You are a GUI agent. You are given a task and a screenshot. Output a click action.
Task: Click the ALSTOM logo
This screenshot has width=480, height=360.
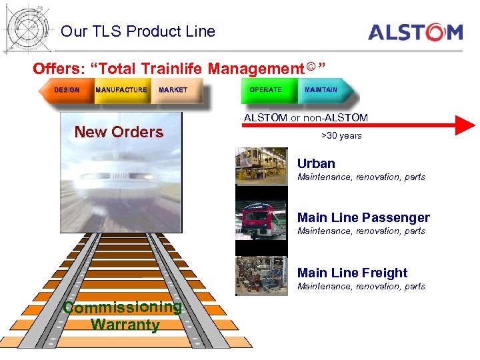click(x=415, y=32)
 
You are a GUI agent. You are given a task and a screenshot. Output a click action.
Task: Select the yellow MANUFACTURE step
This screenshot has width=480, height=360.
click(x=121, y=90)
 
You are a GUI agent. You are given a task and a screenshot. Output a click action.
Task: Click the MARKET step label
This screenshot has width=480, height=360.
click(x=173, y=90)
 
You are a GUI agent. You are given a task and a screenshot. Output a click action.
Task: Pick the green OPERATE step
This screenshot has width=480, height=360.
click(x=265, y=90)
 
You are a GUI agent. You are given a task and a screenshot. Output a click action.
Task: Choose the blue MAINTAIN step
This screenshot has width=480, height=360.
click(x=321, y=90)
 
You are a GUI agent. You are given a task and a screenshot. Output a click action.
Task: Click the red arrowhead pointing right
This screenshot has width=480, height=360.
click(x=464, y=125)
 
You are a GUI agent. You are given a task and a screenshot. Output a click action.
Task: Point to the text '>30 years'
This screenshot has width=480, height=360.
click(x=341, y=136)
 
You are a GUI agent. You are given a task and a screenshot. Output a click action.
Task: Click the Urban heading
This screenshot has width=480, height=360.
click(x=316, y=163)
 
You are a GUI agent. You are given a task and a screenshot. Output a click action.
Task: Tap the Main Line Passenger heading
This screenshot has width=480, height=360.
click(x=363, y=217)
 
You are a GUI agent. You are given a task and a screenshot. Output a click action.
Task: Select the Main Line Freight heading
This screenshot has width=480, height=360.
click(x=352, y=273)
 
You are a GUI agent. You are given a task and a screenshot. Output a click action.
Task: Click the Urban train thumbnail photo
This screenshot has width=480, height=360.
click(x=261, y=165)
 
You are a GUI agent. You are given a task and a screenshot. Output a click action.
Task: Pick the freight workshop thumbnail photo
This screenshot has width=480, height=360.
click(x=261, y=275)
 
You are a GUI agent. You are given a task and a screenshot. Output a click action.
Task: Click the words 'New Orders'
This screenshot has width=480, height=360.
click(x=119, y=132)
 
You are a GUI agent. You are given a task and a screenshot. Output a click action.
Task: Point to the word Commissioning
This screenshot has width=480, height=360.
click(x=122, y=307)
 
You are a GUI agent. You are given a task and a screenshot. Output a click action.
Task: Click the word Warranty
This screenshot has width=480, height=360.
click(x=125, y=325)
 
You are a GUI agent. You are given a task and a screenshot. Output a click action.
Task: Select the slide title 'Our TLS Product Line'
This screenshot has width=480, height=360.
click(x=138, y=31)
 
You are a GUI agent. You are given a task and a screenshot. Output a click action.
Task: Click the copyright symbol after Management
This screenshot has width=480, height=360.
click(x=312, y=66)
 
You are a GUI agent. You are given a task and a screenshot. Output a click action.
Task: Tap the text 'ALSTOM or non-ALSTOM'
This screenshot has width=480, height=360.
click(x=306, y=118)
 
